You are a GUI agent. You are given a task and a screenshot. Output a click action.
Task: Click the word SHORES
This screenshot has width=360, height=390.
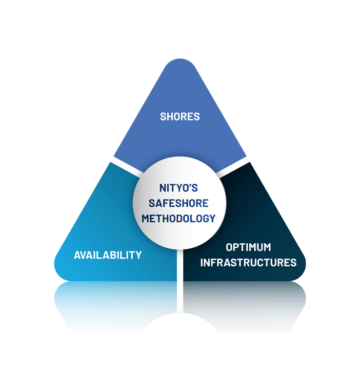point(180,117)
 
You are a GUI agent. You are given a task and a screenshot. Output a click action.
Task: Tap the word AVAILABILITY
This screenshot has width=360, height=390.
point(108,255)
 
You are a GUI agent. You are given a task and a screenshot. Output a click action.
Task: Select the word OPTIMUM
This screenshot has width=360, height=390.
point(248,247)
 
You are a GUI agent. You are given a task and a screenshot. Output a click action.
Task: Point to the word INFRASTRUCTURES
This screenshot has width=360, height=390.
point(248,263)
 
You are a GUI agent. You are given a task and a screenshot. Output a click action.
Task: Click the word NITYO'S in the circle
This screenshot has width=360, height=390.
point(179,188)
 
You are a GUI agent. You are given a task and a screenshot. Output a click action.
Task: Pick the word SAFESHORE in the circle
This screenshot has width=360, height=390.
point(179,203)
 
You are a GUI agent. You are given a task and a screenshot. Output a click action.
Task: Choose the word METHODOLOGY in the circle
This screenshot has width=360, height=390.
point(179,218)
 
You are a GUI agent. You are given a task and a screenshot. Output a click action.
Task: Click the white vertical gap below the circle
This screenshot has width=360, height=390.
point(180,265)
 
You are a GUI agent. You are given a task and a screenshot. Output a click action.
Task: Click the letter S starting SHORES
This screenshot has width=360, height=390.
point(163,117)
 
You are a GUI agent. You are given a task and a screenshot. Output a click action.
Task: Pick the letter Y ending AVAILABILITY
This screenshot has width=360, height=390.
point(138,255)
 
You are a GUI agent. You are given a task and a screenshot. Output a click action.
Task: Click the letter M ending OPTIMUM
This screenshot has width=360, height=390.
point(267,247)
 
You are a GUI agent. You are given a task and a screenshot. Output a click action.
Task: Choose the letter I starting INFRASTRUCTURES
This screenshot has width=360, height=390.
point(201,263)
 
